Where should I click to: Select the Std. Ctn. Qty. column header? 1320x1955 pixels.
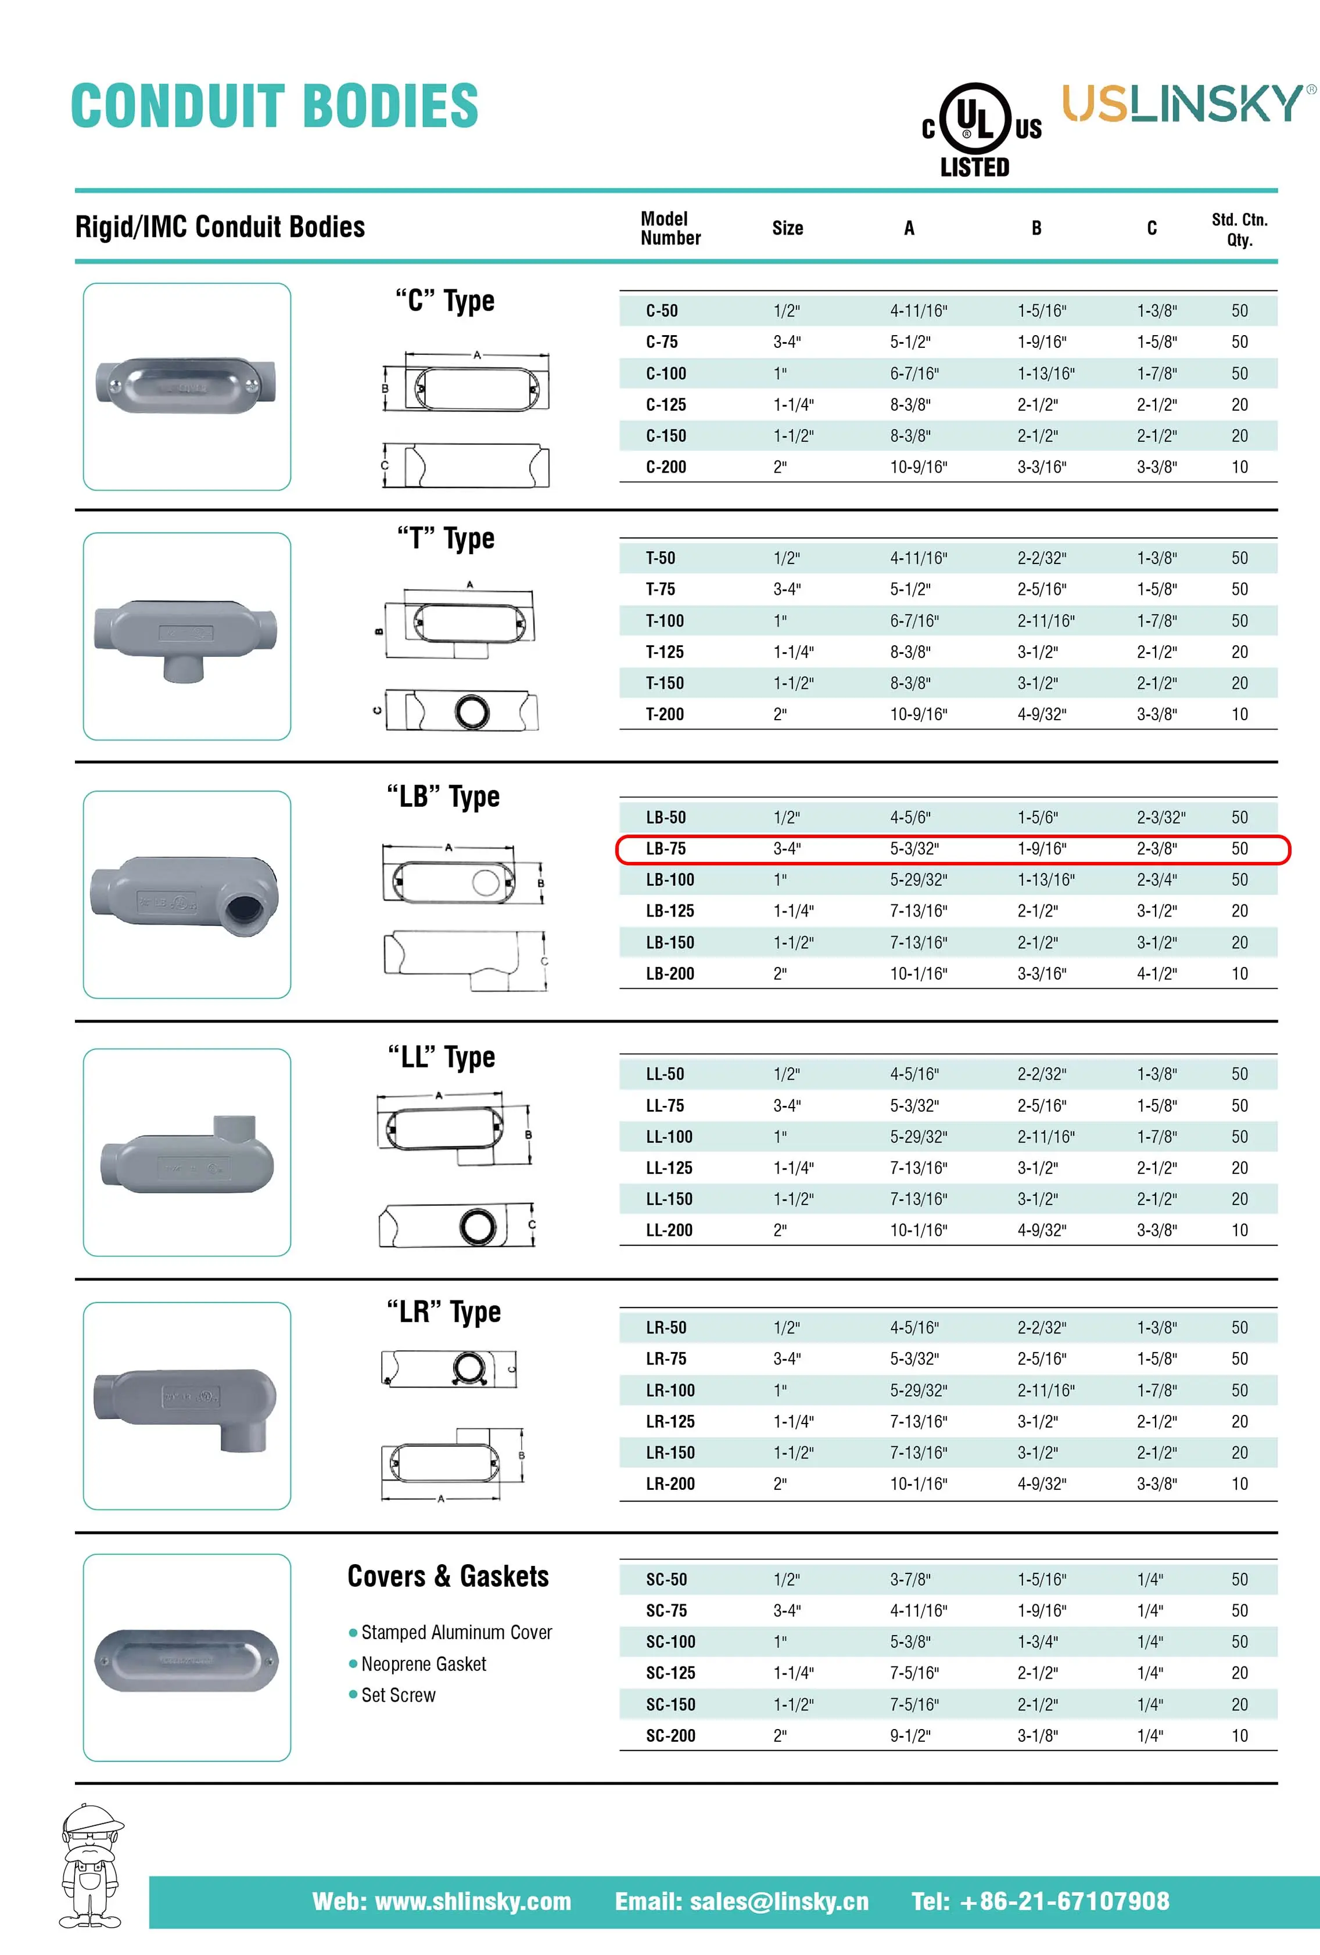coord(1239,229)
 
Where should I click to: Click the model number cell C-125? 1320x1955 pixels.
coord(665,405)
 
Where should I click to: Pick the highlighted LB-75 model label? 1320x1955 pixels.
coord(665,849)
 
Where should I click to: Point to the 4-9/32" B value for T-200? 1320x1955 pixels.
coord(1042,714)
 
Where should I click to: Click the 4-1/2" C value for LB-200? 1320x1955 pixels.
coord(1157,973)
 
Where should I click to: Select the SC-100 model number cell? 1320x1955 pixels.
coord(670,1641)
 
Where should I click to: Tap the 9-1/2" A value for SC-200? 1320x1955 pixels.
coord(910,1735)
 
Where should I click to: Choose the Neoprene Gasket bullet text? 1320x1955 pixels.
coord(423,1664)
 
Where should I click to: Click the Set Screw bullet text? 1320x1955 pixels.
coord(398,1695)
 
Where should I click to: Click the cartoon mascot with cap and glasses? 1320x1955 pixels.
coord(91,1866)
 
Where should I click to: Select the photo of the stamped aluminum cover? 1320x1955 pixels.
coord(186,1661)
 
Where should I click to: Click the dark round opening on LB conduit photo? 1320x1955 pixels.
coord(245,910)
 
